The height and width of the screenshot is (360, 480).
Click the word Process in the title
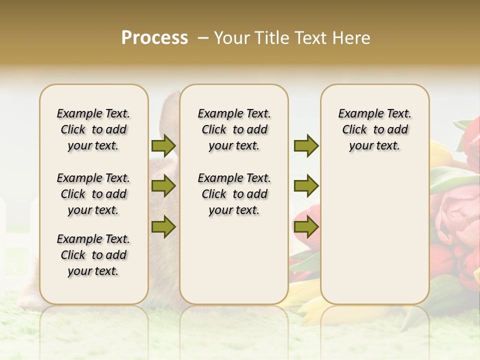154,38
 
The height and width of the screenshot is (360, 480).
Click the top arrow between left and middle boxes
163,145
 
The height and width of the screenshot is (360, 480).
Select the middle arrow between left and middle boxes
163,186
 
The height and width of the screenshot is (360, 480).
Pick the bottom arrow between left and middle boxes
163,227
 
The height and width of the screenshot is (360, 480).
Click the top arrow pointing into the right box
306,145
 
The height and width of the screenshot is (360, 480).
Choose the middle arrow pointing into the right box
306,186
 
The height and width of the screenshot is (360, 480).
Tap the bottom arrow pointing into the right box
306,227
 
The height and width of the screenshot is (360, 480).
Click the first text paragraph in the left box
93,129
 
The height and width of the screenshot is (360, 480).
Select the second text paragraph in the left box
93,194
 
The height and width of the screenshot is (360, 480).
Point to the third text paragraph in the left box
93,255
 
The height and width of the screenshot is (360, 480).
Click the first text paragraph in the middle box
234,129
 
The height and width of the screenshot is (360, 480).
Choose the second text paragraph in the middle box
234,194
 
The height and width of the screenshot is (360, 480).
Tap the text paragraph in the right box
375,129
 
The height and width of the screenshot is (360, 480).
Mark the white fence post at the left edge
2,220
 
